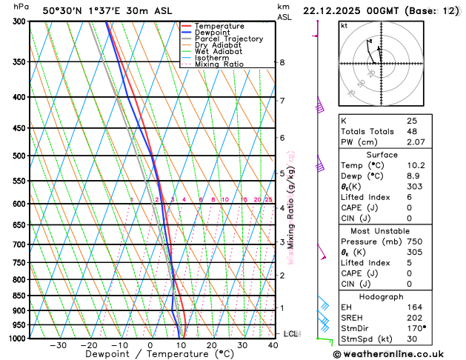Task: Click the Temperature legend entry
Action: [220, 27]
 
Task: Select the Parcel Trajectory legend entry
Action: [228, 39]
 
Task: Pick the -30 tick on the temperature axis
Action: [58, 345]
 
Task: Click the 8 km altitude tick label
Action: [282, 62]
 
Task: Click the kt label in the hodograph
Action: [344, 25]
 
